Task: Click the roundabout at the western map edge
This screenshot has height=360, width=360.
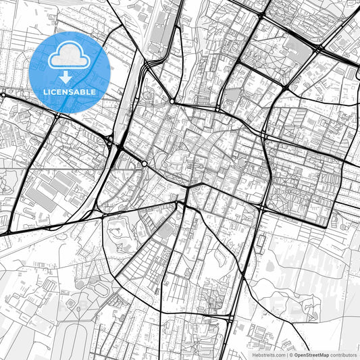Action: click(x=3, y=95)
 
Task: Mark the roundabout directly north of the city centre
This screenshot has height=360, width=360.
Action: click(x=172, y=101)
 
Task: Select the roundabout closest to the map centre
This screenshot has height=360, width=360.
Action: click(x=145, y=163)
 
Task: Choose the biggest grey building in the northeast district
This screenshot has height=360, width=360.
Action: click(x=297, y=47)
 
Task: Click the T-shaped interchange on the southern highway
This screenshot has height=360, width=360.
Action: click(x=230, y=316)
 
